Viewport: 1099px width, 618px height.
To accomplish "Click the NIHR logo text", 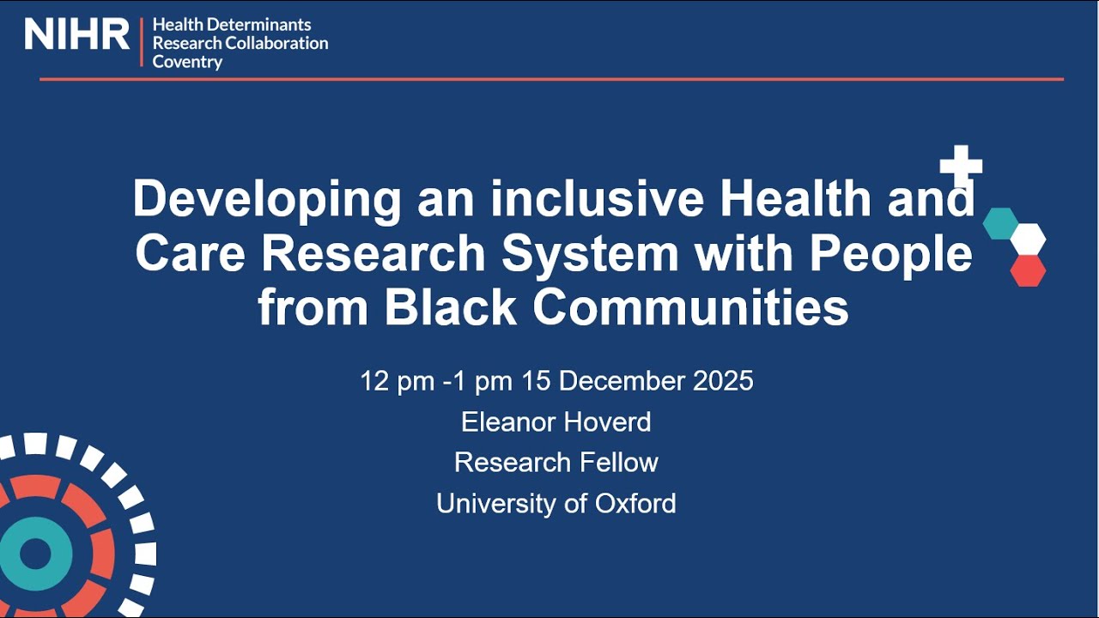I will tap(76, 34).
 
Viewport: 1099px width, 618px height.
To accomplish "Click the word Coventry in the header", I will tap(187, 62).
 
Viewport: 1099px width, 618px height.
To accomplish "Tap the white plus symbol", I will tap(961, 166).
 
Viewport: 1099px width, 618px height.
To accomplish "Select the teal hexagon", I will tap(1000, 223).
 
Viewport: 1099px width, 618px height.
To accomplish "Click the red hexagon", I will tap(1028, 270).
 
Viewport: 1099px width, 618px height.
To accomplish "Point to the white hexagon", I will tap(1028, 239).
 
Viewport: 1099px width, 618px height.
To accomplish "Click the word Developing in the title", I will tap(267, 199).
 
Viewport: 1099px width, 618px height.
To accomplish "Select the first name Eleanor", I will tap(507, 421).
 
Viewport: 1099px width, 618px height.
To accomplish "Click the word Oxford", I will tap(634, 503).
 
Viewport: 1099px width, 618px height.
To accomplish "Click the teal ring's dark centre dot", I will tap(35, 554).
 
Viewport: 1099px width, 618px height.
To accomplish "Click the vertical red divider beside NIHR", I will tap(142, 41).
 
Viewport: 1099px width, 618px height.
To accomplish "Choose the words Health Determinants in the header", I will tap(232, 25).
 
